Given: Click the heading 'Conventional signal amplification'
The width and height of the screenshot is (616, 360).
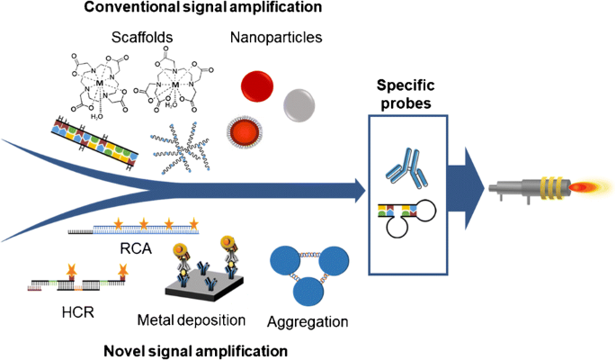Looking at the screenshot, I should (216, 10).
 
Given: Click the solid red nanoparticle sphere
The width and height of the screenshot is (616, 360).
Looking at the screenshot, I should (258, 85).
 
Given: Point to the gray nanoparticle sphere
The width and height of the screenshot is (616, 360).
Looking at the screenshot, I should (300, 103).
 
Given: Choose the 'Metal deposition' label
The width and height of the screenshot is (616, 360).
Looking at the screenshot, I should (192, 321).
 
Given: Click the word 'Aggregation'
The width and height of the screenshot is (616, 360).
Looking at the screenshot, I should (308, 321).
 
